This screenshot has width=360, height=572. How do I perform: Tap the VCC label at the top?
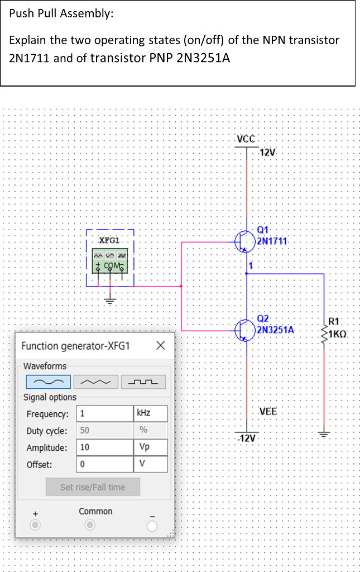coord(246,139)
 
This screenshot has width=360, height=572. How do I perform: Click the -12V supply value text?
coord(247,437)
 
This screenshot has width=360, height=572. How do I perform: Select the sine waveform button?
coord(49,382)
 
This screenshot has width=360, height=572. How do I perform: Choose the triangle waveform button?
coord(95,382)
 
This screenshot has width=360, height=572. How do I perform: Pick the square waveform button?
coord(143,382)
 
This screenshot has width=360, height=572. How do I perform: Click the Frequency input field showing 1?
coord(104,414)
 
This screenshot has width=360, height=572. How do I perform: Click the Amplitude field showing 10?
coord(104,447)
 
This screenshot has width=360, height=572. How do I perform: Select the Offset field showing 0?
coord(104,464)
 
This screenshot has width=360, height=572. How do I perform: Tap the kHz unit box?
coord(150,414)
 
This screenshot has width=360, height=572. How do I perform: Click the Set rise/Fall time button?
coord(93,487)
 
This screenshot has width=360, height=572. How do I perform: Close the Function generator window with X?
coord(160,346)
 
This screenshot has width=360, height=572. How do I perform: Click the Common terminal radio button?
coord(89,526)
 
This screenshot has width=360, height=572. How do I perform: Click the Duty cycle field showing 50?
coord(104,431)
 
